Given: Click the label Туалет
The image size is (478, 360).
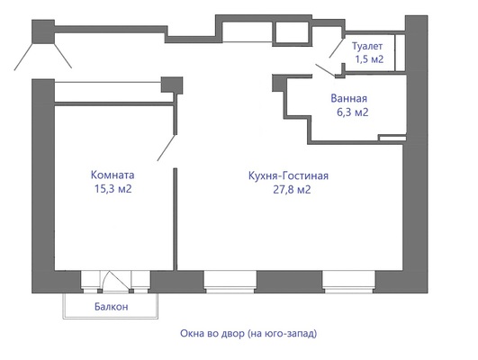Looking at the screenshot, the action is point(367,46).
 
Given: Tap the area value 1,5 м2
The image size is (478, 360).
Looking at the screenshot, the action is point(369,59).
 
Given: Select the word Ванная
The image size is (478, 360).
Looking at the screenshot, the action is point(348,98).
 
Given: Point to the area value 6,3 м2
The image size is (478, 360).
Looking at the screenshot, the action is point(352,112).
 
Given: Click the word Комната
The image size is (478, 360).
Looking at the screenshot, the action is point(113,175).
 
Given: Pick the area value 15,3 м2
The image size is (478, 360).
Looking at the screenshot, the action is point(113,189).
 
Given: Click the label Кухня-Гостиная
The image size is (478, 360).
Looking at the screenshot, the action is point(288,175).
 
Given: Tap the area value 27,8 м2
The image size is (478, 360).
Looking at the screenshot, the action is point(292,190).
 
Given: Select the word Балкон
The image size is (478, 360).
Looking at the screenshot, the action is point(112,307).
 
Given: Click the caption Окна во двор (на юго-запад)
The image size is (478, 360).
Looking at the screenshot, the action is point(248,334).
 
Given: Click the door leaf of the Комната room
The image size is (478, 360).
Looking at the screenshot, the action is point(167,148).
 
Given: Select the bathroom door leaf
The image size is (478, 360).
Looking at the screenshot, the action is point(325,70).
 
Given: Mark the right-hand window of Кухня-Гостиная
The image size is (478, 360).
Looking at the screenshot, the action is point(348,282).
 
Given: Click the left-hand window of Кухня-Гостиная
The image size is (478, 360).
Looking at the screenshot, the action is point(230,282).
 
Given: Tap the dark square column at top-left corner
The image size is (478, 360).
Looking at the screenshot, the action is point(43,31).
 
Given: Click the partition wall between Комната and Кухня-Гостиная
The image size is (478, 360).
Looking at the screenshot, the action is point(176,219).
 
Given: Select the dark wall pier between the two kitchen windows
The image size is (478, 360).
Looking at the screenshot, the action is point(289,282).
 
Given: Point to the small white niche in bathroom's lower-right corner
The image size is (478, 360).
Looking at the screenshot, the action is point(392,138).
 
